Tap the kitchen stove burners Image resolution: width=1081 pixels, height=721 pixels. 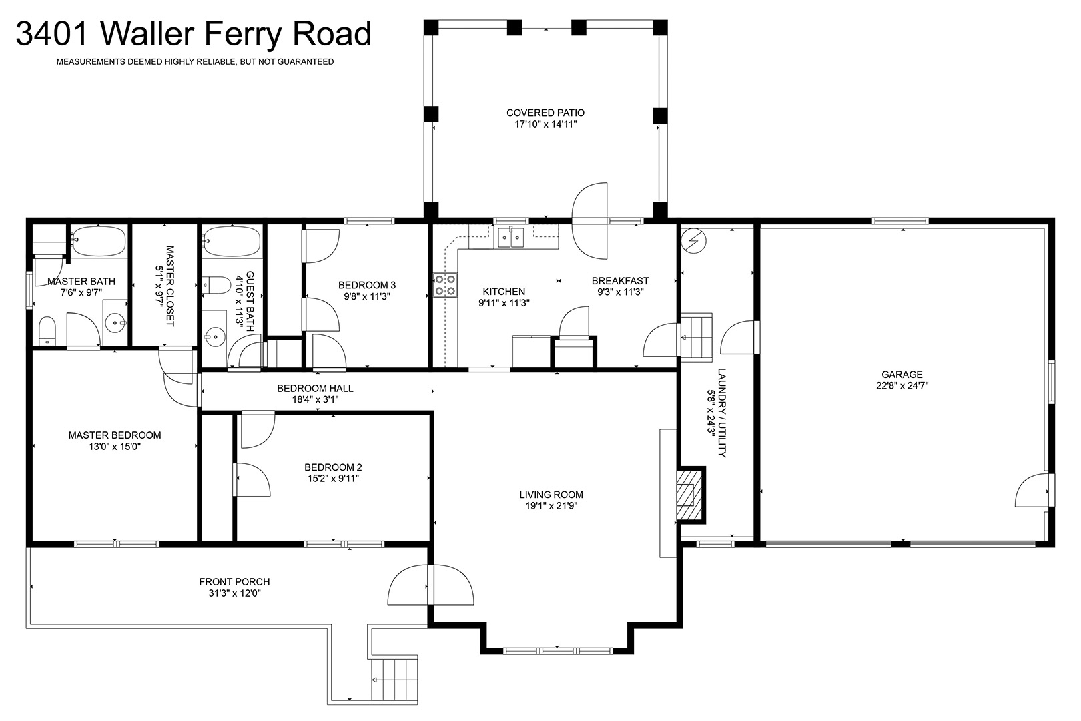pos(445,285)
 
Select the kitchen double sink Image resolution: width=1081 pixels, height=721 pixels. pos(511,237)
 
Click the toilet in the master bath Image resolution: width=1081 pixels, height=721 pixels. pos(47,331)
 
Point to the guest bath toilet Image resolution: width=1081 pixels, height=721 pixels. pos(216,285)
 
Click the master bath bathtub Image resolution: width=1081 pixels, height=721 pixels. pos(99,240)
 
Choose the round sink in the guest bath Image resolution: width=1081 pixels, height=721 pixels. pos(214,336)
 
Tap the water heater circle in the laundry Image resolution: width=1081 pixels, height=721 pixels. pos(693,240)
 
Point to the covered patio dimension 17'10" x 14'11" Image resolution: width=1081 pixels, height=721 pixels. pos(545,124)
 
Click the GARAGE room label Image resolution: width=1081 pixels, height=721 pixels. pos(902,375)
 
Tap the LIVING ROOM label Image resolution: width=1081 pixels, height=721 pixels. pos(551,495)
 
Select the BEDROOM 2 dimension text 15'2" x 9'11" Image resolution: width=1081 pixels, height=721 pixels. pos(333,479)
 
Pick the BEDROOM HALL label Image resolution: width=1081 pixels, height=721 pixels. pos(315,388)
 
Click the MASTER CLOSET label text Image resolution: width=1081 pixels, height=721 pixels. pos(170,286)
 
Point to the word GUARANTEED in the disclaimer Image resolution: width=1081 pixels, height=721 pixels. pos(306,62)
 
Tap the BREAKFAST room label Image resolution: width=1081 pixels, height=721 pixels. pos(620,280)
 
